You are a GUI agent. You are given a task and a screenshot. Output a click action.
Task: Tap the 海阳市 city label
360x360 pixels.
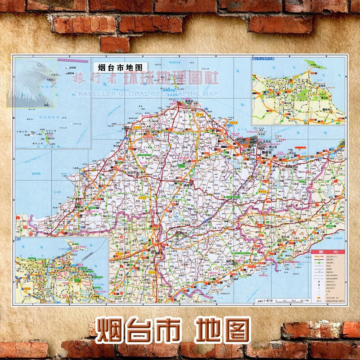(219, 261)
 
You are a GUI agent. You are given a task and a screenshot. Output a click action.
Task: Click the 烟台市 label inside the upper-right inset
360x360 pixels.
(321, 109)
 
